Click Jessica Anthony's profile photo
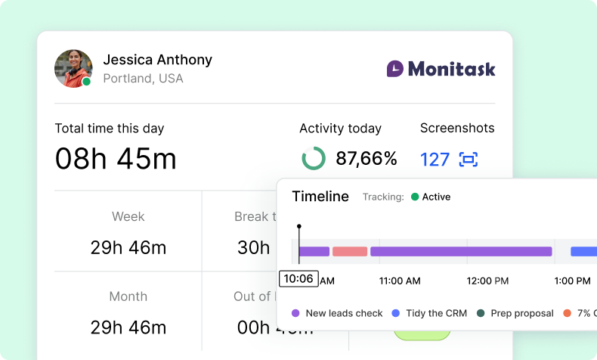click(x=73, y=68)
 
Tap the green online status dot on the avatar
click(x=86, y=82)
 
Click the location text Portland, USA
click(x=143, y=79)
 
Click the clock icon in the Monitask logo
click(x=395, y=69)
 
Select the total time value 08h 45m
click(x=116, y=159)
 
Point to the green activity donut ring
click(x=314, y=159)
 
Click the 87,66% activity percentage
click(x=367, y=159)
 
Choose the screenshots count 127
click(x=435, y=160)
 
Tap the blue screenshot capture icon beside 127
click(x=469, y=160)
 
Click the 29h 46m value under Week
click(x=128, y=247)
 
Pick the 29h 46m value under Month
click(x=128, y=327)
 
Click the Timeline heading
click(x=320, y=197)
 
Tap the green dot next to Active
click(x=414, y=197)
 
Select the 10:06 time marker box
click(x=298, y=278)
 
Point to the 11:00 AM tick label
click(x=399, y=281)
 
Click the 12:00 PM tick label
click(x=487, y=281)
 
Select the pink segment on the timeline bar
click(x=350, y=251)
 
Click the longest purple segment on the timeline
click(x=461, y=251)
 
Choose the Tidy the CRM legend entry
click(x=429, y=313)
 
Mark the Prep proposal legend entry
click(x=515, y=313)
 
